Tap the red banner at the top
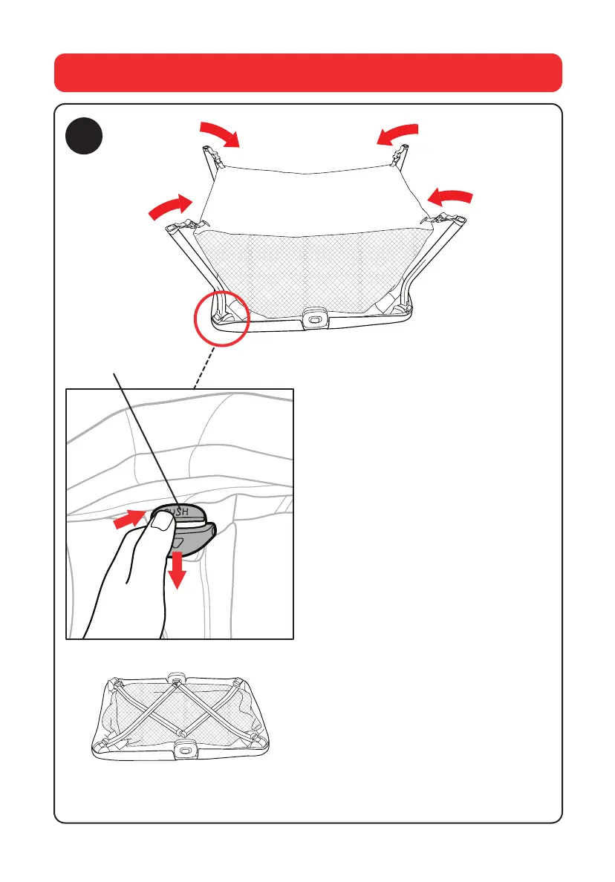point(307,72)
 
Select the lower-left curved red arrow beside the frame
point(168,206)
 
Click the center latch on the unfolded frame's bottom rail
point(314,316)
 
